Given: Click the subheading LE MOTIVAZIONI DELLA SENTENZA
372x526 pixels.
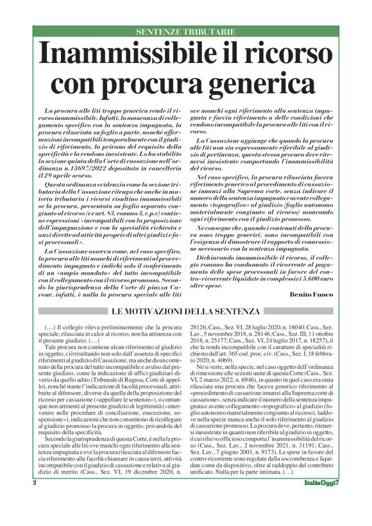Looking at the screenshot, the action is pyautogui.click(x=185, y=312).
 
